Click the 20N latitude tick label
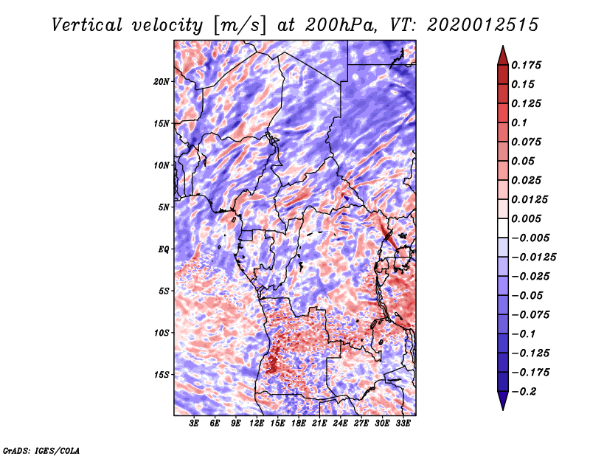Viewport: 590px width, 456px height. [x=162, y=81]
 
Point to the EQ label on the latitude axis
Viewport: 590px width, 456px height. [x=164, y=249]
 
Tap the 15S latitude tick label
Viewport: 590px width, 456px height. [x=162, y=375]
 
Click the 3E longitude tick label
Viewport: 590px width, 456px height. [x=195, y=424]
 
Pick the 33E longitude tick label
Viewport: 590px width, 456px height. [x=403, y=424]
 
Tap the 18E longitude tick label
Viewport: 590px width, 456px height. [x=299, y=424]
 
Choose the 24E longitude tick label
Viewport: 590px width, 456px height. [x=341, y=424]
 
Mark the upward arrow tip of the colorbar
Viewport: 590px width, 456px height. [x=502, y=48]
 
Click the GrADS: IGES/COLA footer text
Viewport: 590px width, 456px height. [x=41, y=449]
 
